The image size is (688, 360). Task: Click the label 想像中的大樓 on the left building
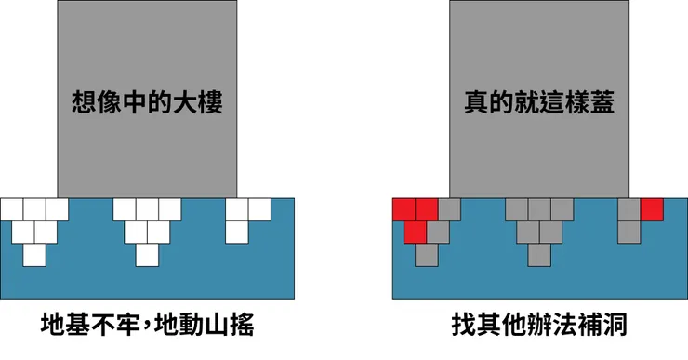coord(148,100)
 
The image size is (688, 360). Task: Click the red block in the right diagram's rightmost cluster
coord(651,209)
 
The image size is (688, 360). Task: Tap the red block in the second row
coord(415,231)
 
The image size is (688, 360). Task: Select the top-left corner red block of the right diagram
coord(404,209)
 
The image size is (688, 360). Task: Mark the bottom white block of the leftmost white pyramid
coord(34,253)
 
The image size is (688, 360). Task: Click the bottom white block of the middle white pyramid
coord(147,253)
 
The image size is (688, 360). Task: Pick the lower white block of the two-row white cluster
coord(237,231)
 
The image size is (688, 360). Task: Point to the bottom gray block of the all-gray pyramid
coord(538,253)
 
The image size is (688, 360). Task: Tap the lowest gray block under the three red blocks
coord(426,253)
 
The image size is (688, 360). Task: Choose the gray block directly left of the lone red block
coord(628,209)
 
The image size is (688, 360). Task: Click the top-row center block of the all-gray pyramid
coord(538,209)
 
